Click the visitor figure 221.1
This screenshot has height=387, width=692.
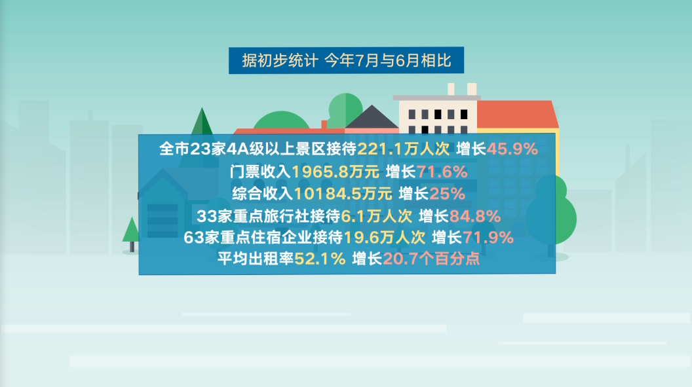coord(379,149)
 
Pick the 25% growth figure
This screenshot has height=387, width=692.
coord(447,193)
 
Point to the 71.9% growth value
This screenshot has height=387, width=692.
coord(489,237)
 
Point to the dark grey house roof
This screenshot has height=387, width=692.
coord(372,118)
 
